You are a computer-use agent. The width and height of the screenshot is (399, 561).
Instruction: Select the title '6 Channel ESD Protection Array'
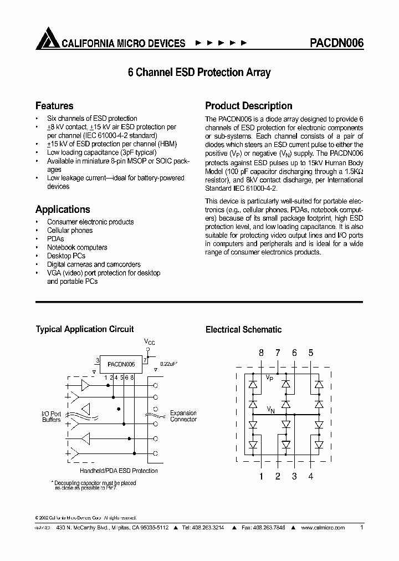(199, 73)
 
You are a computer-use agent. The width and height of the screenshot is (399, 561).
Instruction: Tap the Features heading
(54, 106)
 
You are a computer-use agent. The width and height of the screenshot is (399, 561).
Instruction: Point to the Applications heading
(63, 210)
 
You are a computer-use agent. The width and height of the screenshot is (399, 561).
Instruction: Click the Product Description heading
(249, 106)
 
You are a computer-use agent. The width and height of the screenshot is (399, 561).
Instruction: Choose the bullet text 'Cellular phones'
(70, 231)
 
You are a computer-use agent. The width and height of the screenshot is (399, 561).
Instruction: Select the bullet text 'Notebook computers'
(77, 247)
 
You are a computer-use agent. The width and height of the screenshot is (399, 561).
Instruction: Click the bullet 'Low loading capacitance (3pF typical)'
(102, 152)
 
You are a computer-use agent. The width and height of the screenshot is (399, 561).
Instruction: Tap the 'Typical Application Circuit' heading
(85, 329)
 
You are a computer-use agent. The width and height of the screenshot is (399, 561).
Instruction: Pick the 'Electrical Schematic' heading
(243, 330)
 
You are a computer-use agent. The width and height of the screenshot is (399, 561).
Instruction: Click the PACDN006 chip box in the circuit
(121, 364)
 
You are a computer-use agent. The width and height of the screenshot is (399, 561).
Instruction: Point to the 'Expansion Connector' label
(183, 416)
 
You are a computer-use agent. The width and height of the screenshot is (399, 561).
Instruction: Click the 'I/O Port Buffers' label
(52, 417)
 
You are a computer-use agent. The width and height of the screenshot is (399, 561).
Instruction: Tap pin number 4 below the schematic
(311, 476)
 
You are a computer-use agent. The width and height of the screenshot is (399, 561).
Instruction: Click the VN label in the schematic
(271, 410)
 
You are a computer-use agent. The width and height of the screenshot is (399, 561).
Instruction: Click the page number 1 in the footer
(362, 528)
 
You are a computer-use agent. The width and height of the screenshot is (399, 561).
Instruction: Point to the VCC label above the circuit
(150, 343)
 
